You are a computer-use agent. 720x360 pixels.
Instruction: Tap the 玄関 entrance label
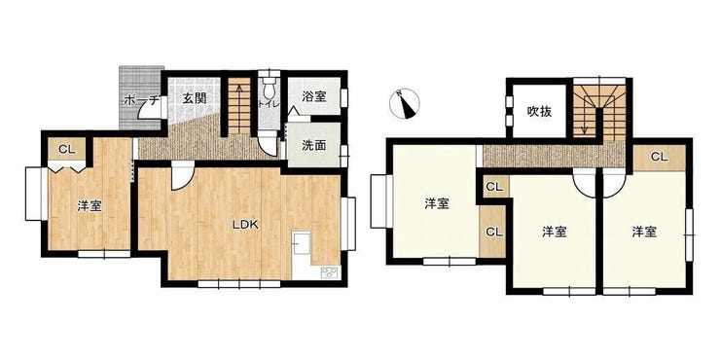point(195,98)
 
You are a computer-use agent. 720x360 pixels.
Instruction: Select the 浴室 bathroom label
point(314,96)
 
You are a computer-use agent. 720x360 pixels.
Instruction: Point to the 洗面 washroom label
point(314,145)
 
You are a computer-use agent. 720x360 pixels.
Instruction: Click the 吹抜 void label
point(539,111)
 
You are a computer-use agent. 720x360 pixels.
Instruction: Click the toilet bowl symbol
point(269,88)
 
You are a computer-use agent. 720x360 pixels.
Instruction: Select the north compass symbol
point(405,104)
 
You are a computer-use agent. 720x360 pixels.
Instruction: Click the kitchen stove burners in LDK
point(330,272)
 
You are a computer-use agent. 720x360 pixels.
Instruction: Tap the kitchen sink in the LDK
point(302,242)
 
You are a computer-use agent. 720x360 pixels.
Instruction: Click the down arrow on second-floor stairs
point(584,122)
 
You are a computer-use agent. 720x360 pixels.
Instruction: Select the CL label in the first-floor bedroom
point(67,149)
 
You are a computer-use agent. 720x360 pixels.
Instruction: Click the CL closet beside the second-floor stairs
point(660,157)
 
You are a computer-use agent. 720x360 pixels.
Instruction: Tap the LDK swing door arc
point(183,179)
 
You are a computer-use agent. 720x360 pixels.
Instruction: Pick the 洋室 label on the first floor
point(90,206)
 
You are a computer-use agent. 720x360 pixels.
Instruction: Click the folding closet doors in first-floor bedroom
point(67,166)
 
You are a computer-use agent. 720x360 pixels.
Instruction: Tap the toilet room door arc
point(269,147)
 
